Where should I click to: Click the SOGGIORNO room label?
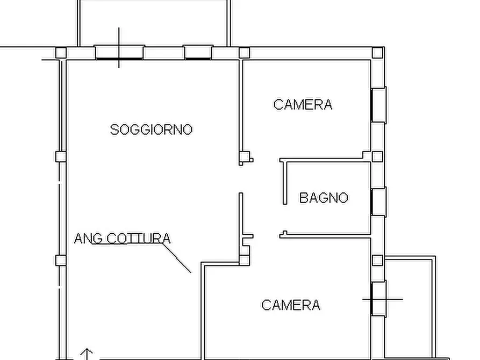151,129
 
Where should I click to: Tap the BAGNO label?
324,198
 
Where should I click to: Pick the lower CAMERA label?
291,305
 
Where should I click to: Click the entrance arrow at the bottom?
87,354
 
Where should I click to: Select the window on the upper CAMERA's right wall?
379,104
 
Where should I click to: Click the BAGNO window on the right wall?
379,201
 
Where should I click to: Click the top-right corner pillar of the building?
377,53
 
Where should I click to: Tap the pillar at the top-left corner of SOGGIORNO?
61,53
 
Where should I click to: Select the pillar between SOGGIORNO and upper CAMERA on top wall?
244,53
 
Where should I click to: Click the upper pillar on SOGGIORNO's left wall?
61,157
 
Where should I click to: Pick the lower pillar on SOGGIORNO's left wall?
61,260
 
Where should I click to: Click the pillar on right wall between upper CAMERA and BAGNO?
377,156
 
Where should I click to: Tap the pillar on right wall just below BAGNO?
377,260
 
